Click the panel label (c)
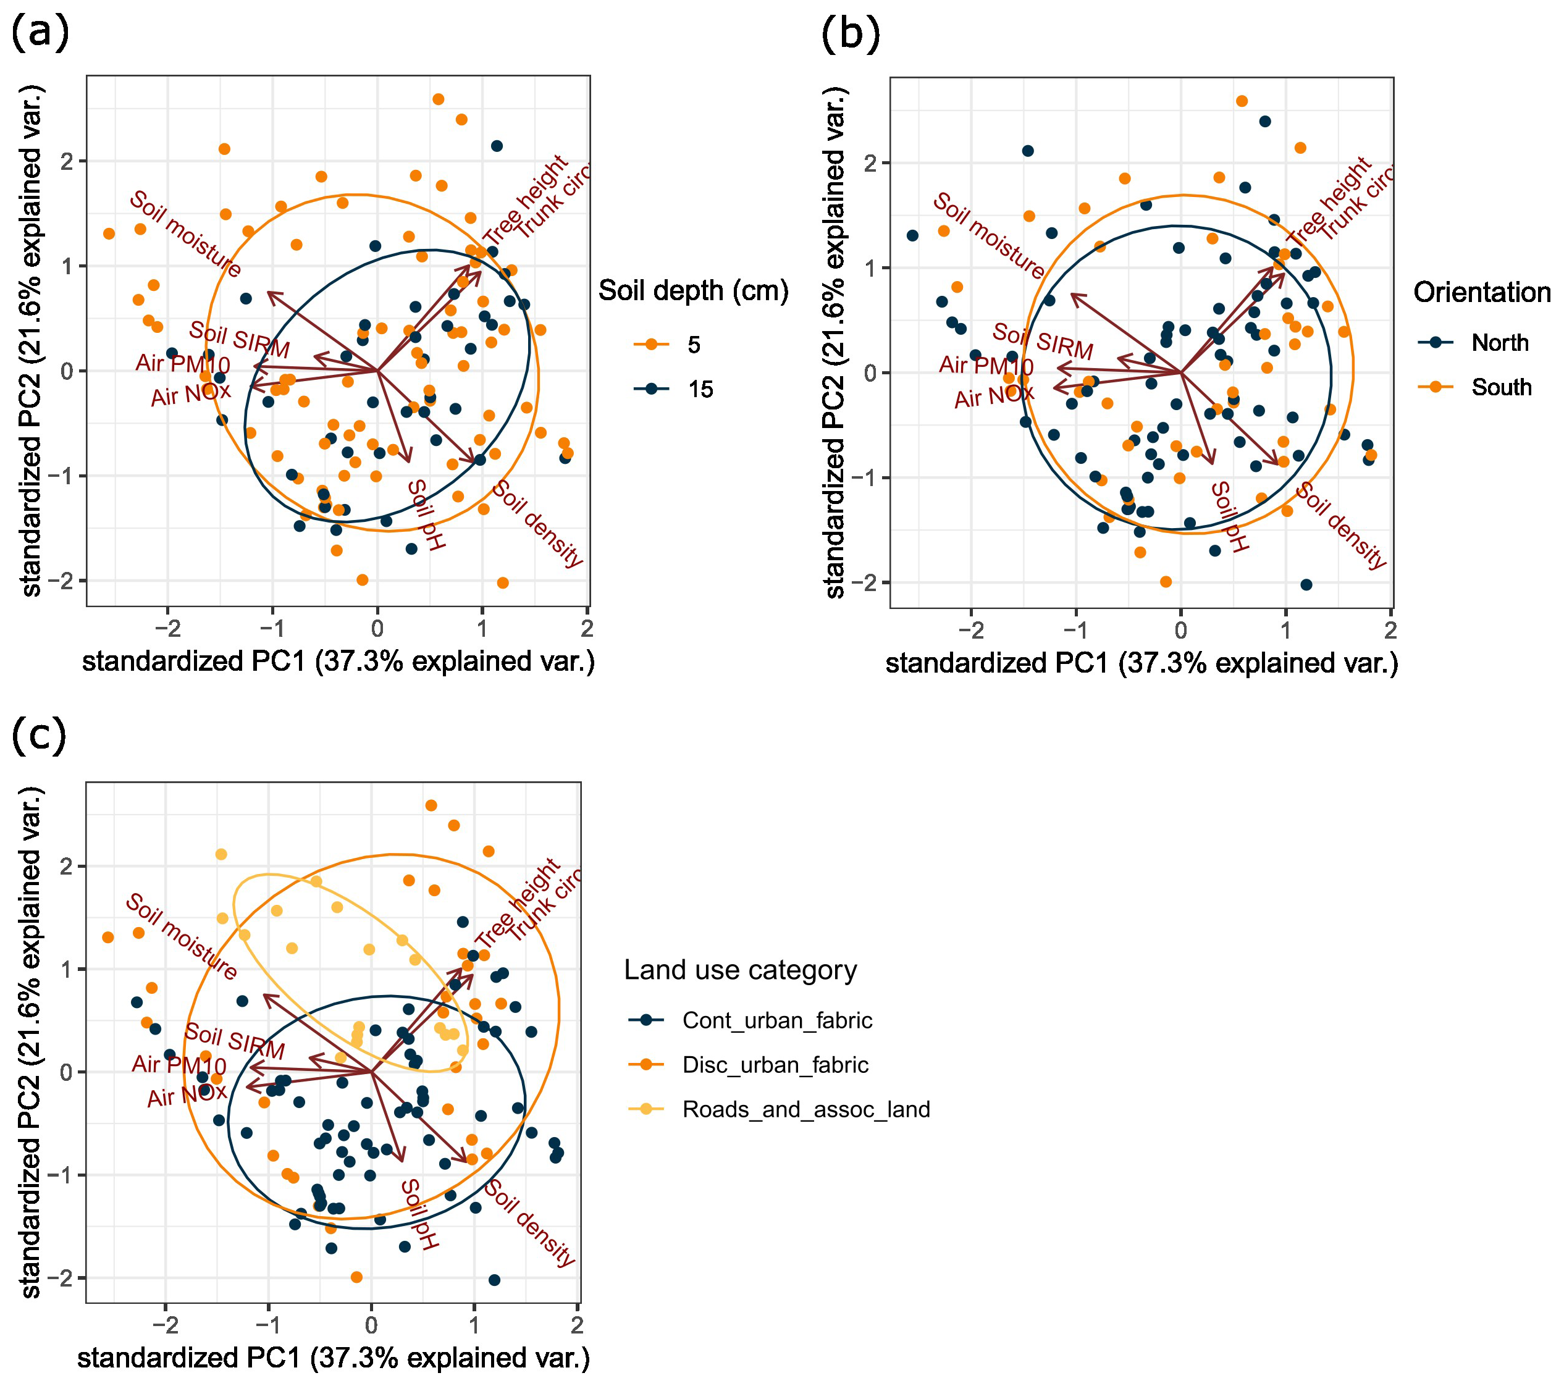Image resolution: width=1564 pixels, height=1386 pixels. (x=39, y=735)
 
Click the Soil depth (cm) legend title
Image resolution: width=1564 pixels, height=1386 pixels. (x=692, y=291)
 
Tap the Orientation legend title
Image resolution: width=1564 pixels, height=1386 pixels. (x=1481, y=292)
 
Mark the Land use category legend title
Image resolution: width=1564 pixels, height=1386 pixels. (x=740, y=970)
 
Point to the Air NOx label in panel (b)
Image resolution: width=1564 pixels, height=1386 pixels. (x=993, y=396)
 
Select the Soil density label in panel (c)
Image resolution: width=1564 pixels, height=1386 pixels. (x=529, y=1222)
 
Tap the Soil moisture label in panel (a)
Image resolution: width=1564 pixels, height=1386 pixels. (x=185, y=233)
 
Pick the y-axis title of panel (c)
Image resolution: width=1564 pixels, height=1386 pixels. (x=31, y=1042)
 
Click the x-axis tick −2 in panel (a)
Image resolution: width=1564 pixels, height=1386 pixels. (x=167, y=629)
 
